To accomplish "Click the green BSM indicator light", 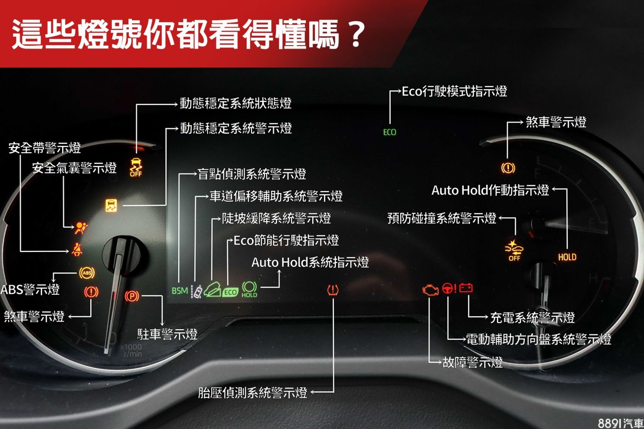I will [179, 291].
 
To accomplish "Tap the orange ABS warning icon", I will [87, 273].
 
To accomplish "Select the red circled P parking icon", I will [132, 296].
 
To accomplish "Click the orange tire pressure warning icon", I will [333, 290].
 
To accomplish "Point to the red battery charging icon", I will [466, 288].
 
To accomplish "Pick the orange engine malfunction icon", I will [430, 289].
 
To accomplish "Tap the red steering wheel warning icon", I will [449, 288].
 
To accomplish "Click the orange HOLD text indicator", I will [567, 257].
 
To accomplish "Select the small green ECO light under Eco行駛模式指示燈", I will [390, 132].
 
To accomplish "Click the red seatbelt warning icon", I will [77, 250].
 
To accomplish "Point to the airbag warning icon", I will [80, 227].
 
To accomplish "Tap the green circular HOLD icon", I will [249, 289].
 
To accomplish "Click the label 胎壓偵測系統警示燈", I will [253, 392].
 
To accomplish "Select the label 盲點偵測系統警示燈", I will [252, 174].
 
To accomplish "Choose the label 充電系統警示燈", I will [532, 317].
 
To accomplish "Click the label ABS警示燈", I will [30, 289].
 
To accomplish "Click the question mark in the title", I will [356, 34].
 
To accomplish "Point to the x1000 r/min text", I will [132, 350].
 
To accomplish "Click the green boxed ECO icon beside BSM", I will [230, 292].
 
